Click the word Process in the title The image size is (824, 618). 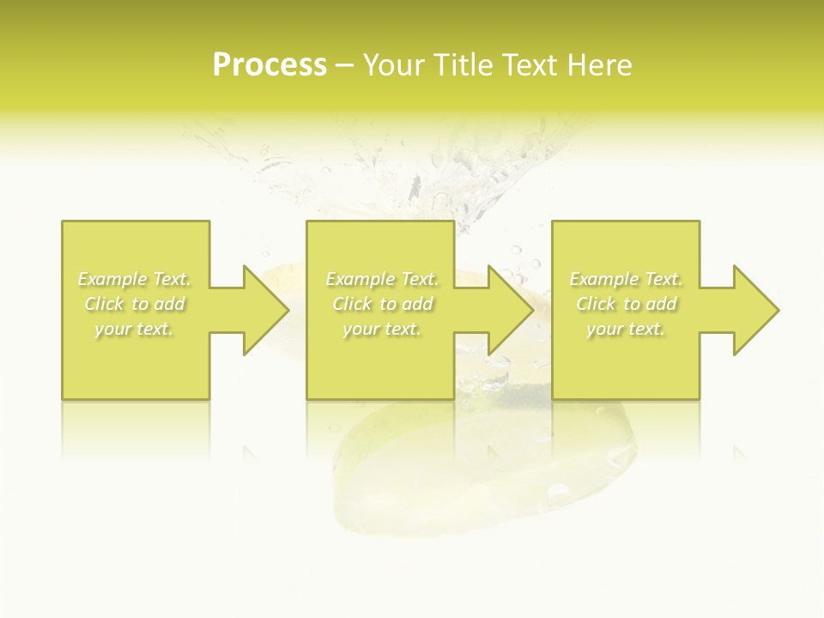[270, 65]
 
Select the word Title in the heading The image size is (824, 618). [463, 65]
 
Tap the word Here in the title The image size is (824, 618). [600, 65]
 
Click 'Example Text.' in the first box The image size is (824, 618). [134, 279]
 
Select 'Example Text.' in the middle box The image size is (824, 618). [381, 279]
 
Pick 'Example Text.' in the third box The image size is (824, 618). [626, 279]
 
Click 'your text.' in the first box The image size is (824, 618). [134, 329]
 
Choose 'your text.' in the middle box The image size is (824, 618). [381, 329]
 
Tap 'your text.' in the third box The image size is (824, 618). [626, 329]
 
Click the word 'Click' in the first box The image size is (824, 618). [103, 304]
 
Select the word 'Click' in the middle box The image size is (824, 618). [351, 304]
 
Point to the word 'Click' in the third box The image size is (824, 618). [595, 304]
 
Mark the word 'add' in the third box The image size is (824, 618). [662, 304]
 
